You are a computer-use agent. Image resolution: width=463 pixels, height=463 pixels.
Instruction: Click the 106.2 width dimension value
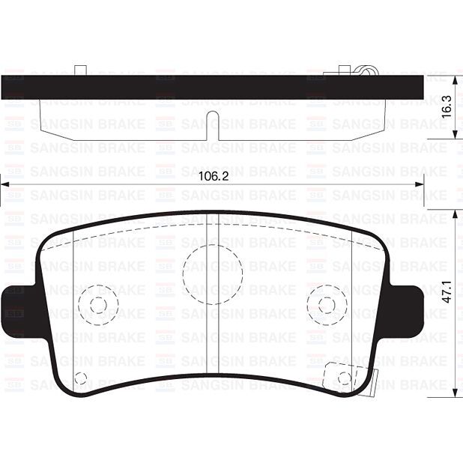[x=214, y=176]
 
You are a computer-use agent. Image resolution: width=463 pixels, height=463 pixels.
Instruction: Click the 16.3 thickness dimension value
[x=447, y=107]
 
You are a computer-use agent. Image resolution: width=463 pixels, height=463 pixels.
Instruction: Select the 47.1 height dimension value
[x=447, y=291]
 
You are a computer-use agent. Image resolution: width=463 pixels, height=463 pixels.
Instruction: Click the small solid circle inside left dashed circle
[x=98, y=305]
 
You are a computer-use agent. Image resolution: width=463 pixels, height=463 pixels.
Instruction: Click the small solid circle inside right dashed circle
[x=327, y=304]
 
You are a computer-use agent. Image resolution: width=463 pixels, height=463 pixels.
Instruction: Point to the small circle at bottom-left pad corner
[x=81, y=378]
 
